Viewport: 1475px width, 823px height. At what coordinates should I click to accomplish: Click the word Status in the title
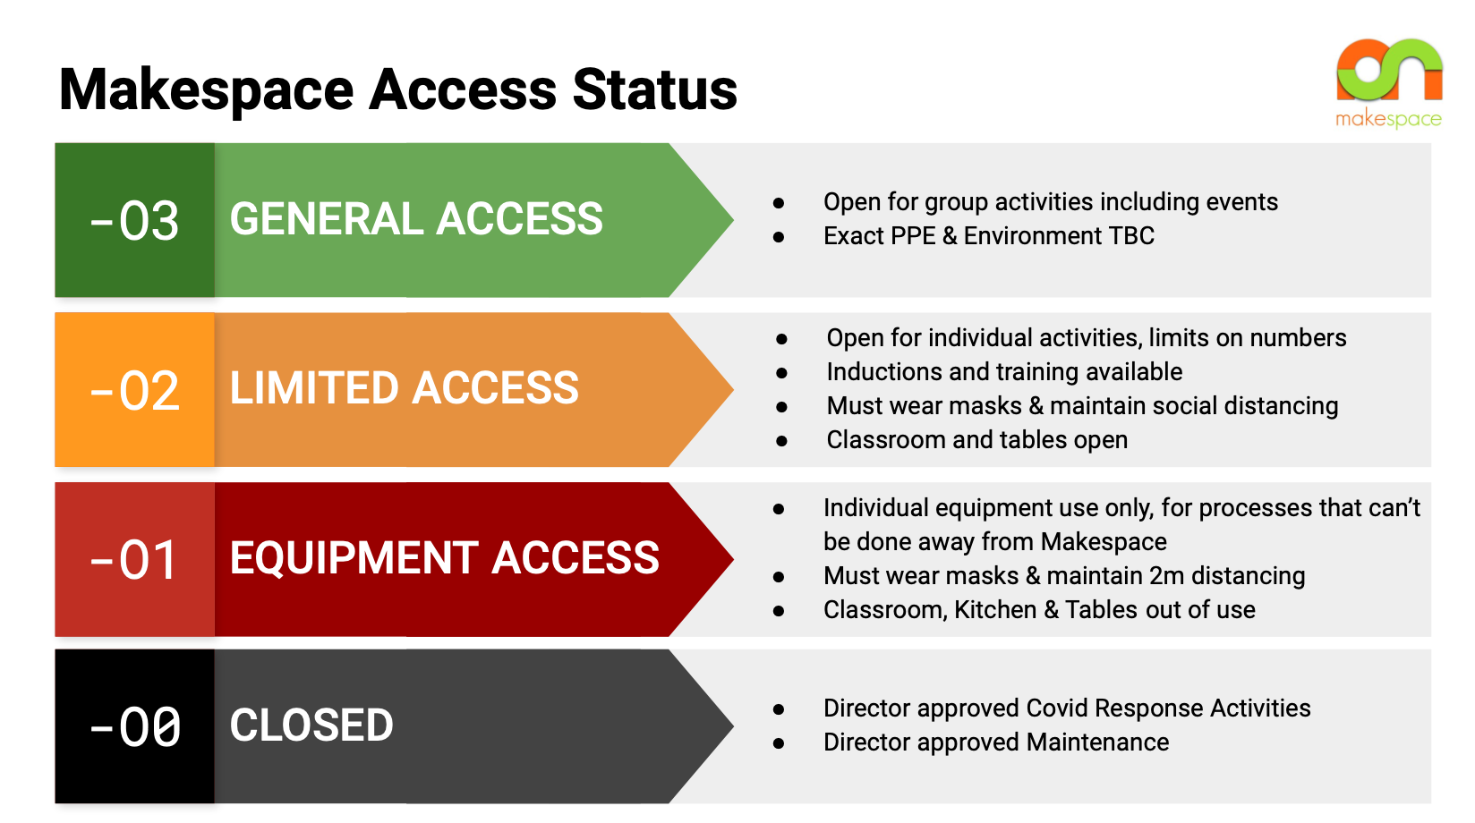pyautogui.click(x=654, y=89)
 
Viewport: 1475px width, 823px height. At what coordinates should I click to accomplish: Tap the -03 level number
pyautogui.click(x=135, y=221)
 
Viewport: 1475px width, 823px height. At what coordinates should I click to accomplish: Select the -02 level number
pyautogui.click(x=135, y=391)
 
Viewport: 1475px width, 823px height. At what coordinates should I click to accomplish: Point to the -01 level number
pyautogui.click(x=135, y=560)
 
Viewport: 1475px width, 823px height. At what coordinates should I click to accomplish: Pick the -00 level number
pyautogui.click(x=135, y=726)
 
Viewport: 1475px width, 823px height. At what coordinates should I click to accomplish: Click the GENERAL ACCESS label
pyautogui.click(x=416, y=219)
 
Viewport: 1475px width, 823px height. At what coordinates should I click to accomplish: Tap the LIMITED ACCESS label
pyautogui.click(x=405, y=388)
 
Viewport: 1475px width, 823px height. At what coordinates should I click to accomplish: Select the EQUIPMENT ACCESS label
pyautogui.click(x=444, y=558)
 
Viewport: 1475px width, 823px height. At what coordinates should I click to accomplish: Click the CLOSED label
pyautogui.click(x=311, y=725)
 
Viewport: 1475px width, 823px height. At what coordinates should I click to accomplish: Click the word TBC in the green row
pyautogui.click(x=1131, y=236)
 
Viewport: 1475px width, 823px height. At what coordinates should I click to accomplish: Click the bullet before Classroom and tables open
pyautogui.click(x=781, y=441)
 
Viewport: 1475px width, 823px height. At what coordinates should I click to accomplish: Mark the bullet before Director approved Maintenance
pyautogui.click(x=779, y=743)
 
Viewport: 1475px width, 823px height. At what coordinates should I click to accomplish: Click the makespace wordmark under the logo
pyautogui.click(x=1388, y=119)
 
